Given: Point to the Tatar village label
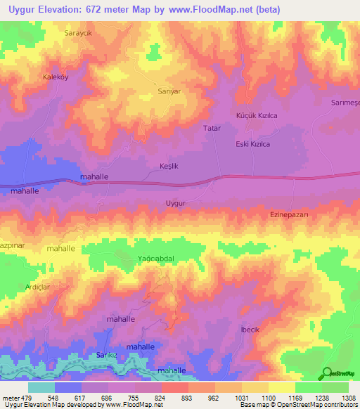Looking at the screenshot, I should click(x=212, y=129).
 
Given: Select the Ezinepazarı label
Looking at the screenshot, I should click(x=290, y=215).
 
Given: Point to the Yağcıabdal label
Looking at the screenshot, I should click(x=155, y=259).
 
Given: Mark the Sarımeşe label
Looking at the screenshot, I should click(x=345, y=103).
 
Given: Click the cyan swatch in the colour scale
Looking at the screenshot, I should click(x=41, y=387).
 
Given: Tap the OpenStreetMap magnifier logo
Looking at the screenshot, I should click(x=327, y=373).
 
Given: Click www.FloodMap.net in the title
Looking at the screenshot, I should click(x=220, y=9).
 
